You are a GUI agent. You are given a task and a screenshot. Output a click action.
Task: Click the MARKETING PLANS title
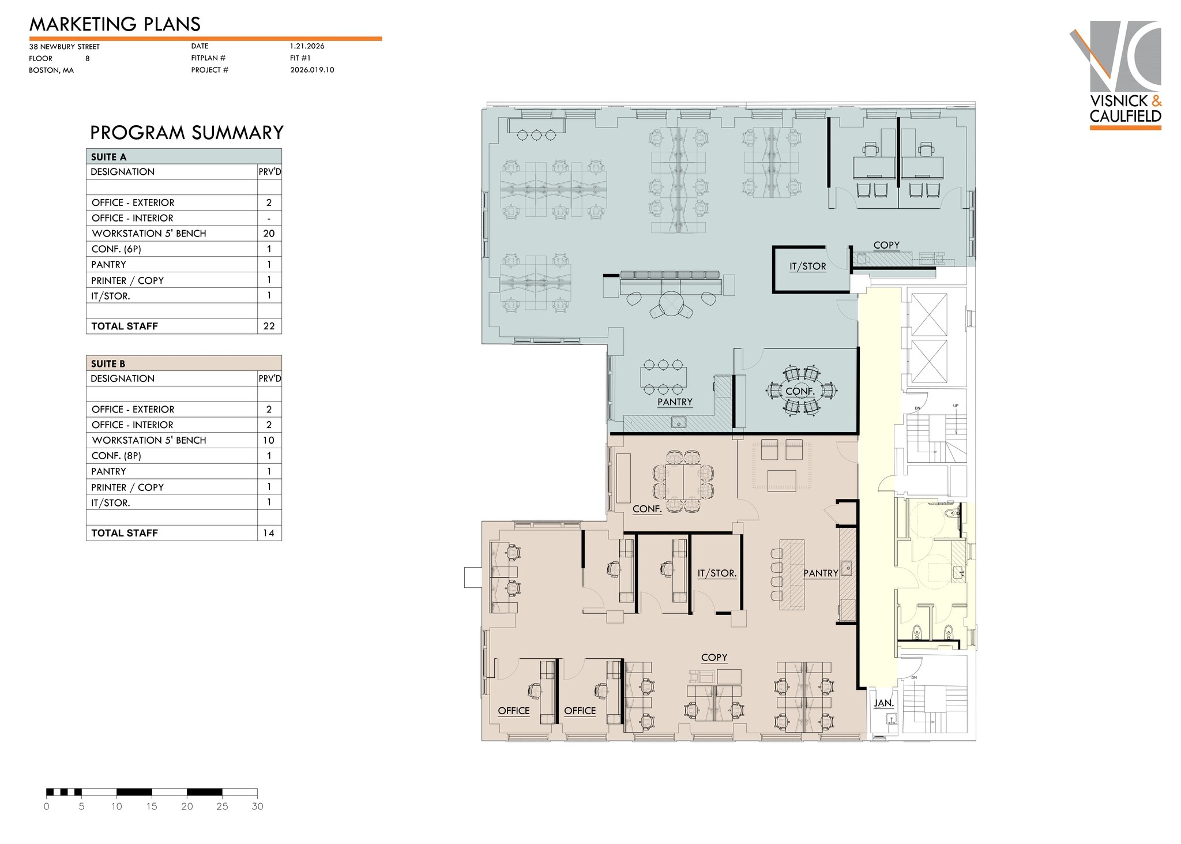point(115,24)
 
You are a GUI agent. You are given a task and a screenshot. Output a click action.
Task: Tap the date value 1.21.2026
point(307,46)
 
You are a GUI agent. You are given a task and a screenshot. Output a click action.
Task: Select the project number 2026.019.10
point(312,70)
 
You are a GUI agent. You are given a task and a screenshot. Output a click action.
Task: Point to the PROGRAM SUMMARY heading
point(186,133)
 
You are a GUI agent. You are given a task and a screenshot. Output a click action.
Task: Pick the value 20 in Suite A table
point(269,234)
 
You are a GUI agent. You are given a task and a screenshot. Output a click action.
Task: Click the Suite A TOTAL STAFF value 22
point(269,326)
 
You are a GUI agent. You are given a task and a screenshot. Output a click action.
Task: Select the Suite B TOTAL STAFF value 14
point(269,533)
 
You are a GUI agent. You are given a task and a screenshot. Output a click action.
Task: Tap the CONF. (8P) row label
point(116,456)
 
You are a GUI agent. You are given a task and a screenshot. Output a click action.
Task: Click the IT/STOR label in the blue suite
point(807,267)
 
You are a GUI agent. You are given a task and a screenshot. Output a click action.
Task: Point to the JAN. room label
point(883,703)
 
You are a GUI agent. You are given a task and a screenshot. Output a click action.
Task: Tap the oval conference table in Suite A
point(800,391)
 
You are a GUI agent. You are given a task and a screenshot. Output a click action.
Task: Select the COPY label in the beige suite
point(714,658)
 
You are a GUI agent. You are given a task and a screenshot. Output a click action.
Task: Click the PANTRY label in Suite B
point(821,573)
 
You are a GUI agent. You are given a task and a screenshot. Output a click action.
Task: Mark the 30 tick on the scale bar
point(257,807)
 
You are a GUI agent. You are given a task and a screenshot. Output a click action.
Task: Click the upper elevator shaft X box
point(928,314)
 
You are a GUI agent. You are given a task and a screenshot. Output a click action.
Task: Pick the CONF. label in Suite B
point(646,509)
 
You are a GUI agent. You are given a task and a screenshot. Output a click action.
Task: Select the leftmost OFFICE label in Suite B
point(513,711)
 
